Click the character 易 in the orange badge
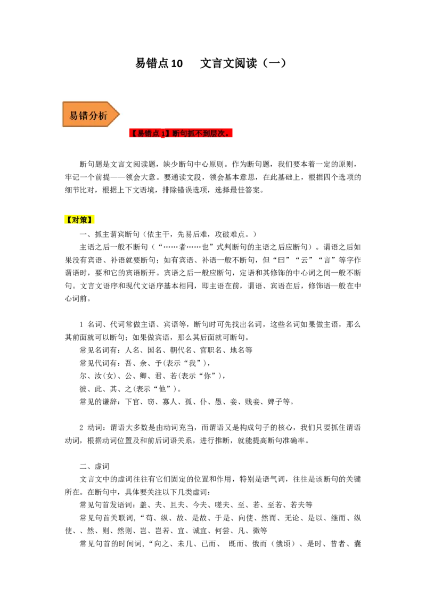point(74,116)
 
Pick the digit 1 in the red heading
point(163,134)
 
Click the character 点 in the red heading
point(156,134)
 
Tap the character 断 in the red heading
point(177,134)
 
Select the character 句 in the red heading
point(184,134)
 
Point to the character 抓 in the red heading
point(192,134)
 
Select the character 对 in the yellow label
point(76,220)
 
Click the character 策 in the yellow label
point(84,220)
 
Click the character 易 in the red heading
point(141,134)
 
